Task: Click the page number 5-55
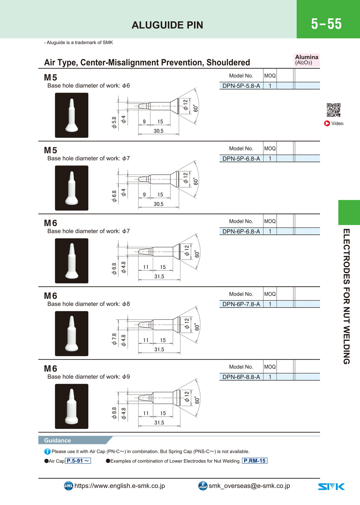(326, 24)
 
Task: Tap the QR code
(333, 110)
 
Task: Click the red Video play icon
(327, 123)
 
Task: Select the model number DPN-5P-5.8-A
(241, 86)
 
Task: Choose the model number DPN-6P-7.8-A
(241, 304)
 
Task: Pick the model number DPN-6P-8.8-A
(241, 377)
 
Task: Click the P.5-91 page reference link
(78, 461)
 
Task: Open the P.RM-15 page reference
(255, 461)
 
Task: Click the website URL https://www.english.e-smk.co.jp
(120, 486)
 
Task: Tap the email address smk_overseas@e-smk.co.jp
(249, 486)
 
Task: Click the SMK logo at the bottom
(331, 487)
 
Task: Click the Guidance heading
(58, 440)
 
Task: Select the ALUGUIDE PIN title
(167, 25)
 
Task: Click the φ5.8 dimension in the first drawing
(114, 123)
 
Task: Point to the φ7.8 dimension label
(114, 339)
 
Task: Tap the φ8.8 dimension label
(114, 413)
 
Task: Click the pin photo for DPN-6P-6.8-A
(72, 261)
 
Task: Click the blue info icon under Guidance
(47, 451)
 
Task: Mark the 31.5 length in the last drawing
(159, 422)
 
